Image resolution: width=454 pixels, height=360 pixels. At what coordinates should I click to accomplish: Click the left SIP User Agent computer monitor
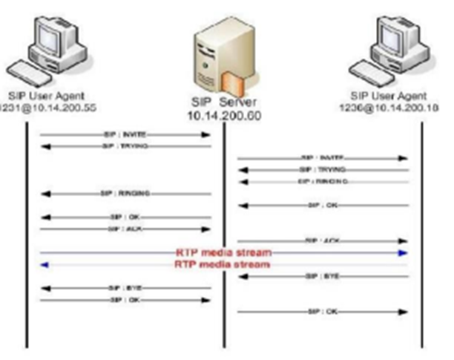pyautogui.click(x=55, y=37)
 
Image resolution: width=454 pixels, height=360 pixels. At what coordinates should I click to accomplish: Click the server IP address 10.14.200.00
pyautogui.click(x=224, y=116)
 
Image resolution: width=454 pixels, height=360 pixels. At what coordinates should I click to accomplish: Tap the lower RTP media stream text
pyautogui.click(x=223, y=264)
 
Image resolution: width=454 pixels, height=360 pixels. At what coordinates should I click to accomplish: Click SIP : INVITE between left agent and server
pyautogui.click(x=125, y=135)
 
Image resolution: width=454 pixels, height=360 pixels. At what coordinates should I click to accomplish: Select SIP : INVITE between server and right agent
pyautogui.click(x=323, y=158)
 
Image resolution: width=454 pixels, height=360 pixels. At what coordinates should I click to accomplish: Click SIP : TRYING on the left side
pyautogui.click(x=125, y=146)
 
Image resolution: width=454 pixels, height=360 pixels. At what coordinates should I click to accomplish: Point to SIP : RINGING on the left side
pyautogui.click(x=125, y=193)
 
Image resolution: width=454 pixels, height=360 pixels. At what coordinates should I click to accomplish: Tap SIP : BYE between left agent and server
pyautogui.click(x=125, y=287)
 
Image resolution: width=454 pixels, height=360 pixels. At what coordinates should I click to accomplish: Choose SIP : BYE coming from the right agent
pyautogui.click(x=323, y=276)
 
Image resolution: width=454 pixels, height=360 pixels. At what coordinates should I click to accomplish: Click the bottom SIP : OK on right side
pyautogui.click(x=323, y=312)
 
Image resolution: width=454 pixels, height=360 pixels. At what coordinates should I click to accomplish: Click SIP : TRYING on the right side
pyautogui.click(x=323, y=170)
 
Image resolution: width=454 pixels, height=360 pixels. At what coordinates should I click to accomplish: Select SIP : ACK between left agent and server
pyautogui.click(x=125, y=229)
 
